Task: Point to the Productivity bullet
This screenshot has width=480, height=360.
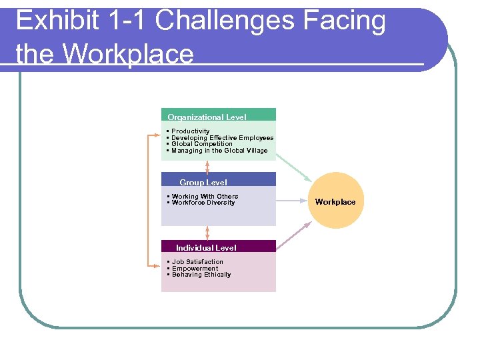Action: click(x=190, y=131)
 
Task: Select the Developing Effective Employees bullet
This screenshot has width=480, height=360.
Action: click(x=222, y=138)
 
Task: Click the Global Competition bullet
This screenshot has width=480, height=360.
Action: click(x=202, y=144)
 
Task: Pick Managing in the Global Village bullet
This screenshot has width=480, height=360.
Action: click(x=219, y=151)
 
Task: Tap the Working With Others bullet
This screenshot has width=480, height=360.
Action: click(x=205, y=197)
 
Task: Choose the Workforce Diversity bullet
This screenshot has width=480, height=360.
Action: click(x=203, y=203)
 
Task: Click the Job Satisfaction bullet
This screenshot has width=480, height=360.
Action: click(x=197, y=262)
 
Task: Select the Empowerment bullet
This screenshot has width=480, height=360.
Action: click(x=195, y=269)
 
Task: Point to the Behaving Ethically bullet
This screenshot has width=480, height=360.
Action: click(x=201, y=275)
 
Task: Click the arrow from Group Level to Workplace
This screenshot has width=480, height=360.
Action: click(x=292, y=200)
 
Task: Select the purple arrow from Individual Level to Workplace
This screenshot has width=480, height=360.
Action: click(x=293, y=237)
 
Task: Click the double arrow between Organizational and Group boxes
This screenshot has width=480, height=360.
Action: click(x=207, y=166)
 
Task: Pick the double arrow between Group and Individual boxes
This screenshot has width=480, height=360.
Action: click(x=207, y=232)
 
